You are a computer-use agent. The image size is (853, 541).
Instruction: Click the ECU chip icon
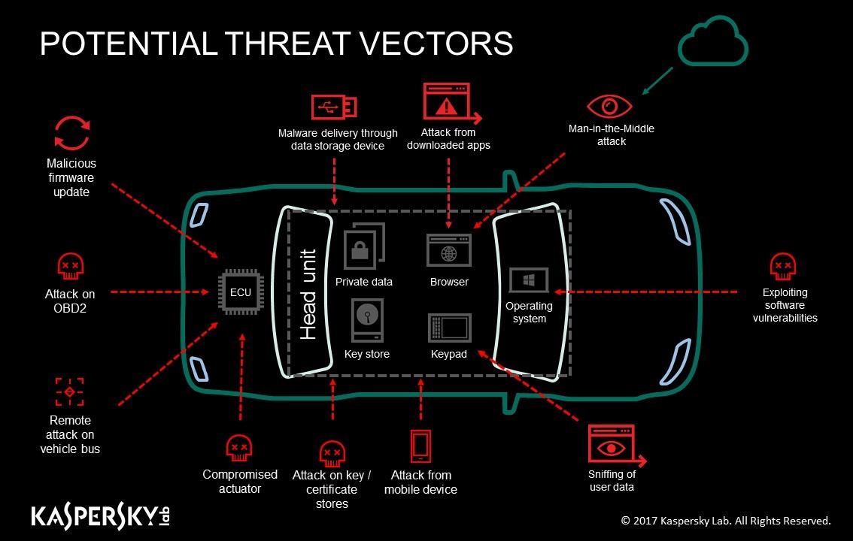click(241, 292)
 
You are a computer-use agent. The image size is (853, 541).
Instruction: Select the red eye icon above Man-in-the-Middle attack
click(609, 106)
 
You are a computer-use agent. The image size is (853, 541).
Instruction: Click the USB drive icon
click(333, 107)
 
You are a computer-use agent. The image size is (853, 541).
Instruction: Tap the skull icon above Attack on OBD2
click(71, 266)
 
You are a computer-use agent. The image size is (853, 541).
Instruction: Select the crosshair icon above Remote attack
click(70, 391)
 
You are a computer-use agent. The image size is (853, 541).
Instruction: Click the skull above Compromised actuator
click(239, 448)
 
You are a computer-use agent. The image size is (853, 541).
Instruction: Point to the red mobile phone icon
click(420, 446)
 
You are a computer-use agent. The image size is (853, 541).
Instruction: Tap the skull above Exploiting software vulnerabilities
click(783, 266)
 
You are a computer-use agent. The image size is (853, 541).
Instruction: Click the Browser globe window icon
click(449, 250)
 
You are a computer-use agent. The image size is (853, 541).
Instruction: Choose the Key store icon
click(368, 321)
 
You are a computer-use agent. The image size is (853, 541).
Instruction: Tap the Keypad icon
click(449, 328)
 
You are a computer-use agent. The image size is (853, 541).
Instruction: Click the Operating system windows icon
click(529, 280)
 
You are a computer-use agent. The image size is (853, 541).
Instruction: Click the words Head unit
click(308, 295)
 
